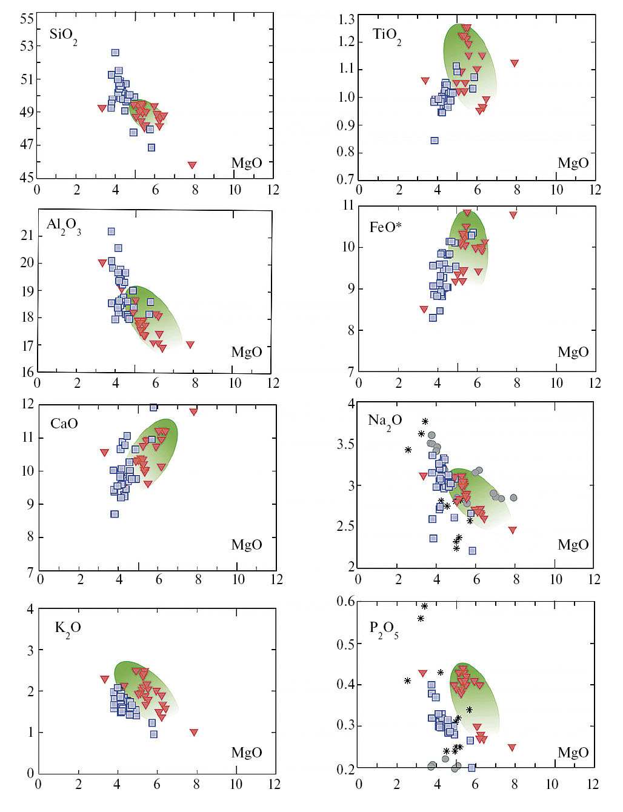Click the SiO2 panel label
[63, 35]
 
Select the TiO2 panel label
[387, 35]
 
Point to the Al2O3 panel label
[64, 225]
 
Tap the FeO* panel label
[385, 227]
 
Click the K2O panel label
[68, 628]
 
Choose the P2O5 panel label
[384, 628]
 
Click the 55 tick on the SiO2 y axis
[27, 19]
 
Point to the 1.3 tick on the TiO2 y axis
[347, 19]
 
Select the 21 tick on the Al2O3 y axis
[27, 235]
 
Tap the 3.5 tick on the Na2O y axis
[346, 444]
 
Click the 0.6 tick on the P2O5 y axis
[346, 601]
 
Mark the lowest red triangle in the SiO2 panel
[192, 165]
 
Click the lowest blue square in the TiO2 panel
[435, 141]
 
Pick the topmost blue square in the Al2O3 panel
[111, 231]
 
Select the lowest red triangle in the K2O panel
[194, 733]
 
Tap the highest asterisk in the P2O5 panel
[425, 606]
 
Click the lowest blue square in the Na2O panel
[472, 551]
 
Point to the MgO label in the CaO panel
[247, 545]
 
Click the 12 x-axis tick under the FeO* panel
[595, 383]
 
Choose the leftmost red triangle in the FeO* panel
[424, 310]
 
